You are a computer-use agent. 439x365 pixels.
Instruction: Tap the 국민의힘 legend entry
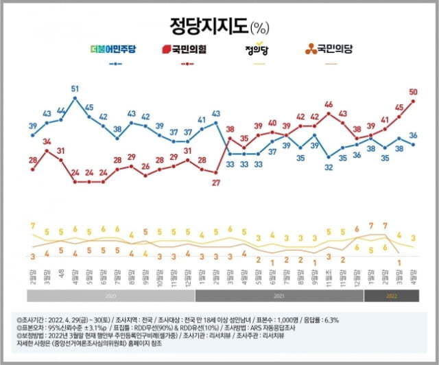(x=186, y=49)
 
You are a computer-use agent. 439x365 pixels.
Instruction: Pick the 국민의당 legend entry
(x=329, y=49)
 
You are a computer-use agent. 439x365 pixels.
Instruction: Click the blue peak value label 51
(x=75, y=88)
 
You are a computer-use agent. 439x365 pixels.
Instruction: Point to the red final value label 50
(x=414, y=91)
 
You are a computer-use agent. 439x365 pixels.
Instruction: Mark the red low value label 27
(x=215, y=182)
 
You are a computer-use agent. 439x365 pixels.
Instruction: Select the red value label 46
(x=329, y=104)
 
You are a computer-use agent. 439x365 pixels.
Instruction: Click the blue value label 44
(x=61, y=110)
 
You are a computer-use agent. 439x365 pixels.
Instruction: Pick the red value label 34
(x=47, y=142)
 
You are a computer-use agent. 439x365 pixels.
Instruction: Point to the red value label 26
(x=145, y=167)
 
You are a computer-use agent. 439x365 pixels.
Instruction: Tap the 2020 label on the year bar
(x=111, y=296)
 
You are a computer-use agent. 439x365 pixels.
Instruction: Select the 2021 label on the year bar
(x=279, y=296)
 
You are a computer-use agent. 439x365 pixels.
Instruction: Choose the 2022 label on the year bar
(x=391, y=296)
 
